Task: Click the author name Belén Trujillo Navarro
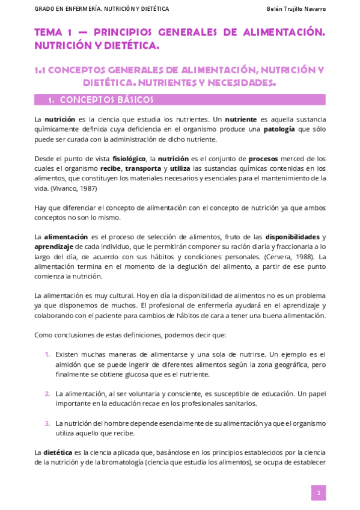[296, 9]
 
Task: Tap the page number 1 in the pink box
[319, 493]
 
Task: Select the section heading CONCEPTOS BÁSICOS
[106, 100]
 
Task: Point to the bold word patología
[279, 129]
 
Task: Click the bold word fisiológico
[129, 158]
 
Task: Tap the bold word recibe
[110, 168]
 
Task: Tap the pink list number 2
[47, 393]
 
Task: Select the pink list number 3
[47, 423]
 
